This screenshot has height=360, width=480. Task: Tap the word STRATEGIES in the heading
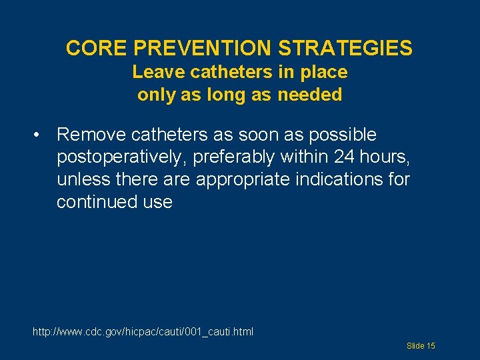point(345,48)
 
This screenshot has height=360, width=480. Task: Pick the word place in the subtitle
point(323,71)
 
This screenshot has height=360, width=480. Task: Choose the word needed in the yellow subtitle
point(310,95)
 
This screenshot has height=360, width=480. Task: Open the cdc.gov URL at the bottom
point(143,331)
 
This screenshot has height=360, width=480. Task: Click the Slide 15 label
point(421,346)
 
